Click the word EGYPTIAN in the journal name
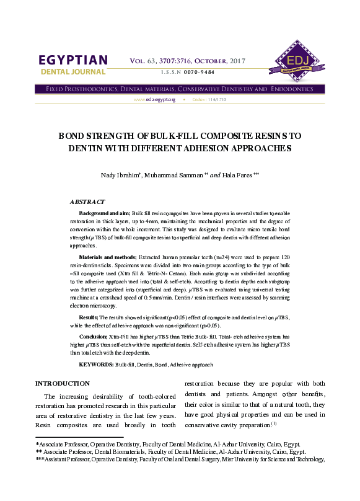tap(73, 60)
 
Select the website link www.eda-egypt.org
tap(155, 99)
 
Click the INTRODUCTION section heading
tap(63, 383)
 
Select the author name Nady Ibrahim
tap(120, 175)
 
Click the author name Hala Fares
tap(235, 175)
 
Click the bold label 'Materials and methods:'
tap(108, 256)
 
